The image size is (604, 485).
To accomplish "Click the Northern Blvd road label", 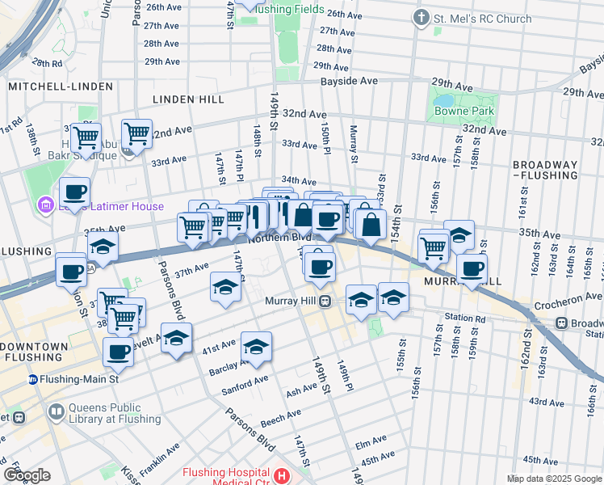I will [x=279, y=238].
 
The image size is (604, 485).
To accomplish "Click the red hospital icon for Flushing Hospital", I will [x=282, y=476].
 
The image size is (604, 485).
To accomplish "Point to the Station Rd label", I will [x=468, y=318].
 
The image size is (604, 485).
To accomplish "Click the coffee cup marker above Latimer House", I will [x=75, y=193].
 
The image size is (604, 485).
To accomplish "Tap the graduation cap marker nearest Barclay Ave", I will [x=257, y=346].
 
